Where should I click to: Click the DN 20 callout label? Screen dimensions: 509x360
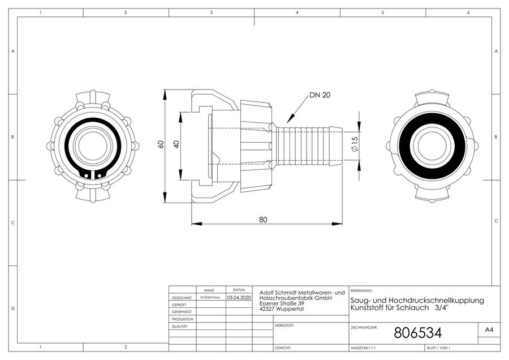[x=320, y=95]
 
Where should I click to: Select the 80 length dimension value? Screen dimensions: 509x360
[x=263, y=220]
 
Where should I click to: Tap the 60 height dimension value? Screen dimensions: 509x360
[x=161, y=144]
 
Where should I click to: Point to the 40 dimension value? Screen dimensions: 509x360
[x=176, y=144]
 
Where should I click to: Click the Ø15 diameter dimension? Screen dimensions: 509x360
[x=355, y=143]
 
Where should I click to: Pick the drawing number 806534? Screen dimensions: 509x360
[x=418, y=333]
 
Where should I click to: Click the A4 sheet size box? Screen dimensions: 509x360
[x=489, y=330]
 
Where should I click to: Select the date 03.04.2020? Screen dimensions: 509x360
[x=239, y=297]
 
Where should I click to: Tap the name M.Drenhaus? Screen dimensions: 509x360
[x=210, y=297]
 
